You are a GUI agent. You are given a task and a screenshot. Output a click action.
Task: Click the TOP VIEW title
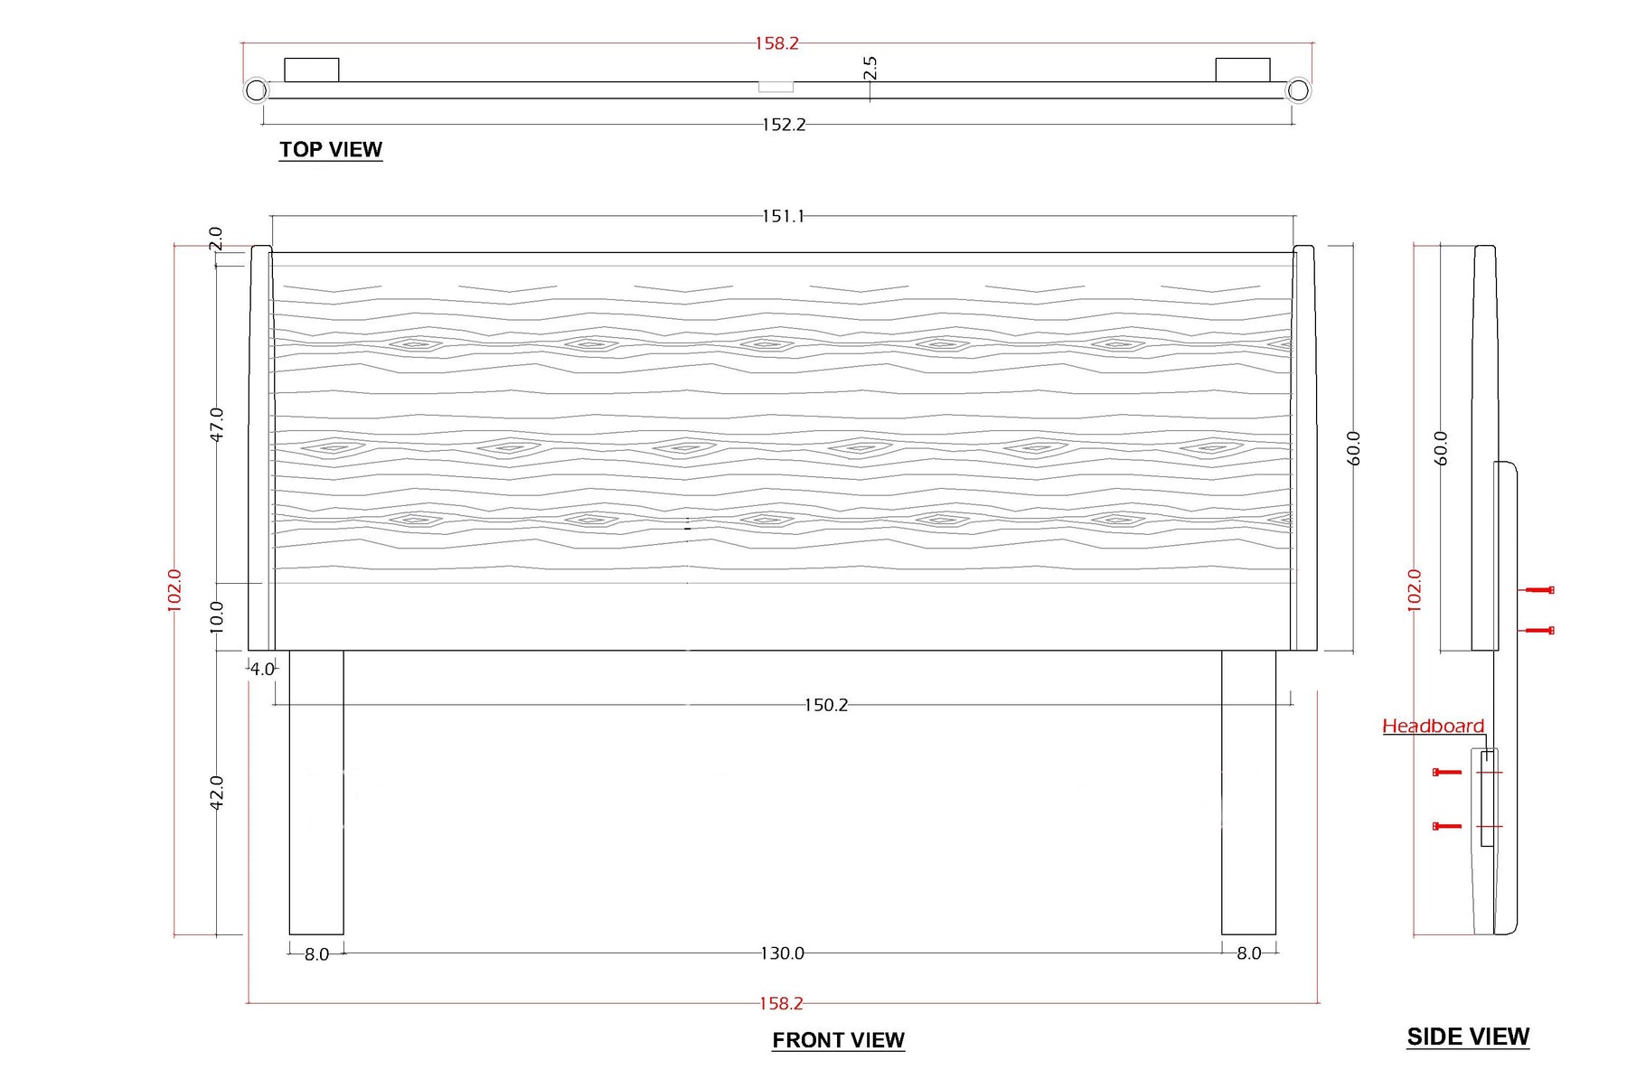tap(330, 149)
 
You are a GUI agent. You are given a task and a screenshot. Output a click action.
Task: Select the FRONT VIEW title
tap(838, 1040)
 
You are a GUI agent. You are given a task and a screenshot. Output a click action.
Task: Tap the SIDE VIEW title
tap(1468, 1037)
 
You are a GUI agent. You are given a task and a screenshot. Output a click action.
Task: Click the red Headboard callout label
tap(1433, 726)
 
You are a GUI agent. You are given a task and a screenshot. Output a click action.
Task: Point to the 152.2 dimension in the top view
tap(784, 125)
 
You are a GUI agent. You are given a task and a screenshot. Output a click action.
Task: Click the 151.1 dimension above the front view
tap(783, 216)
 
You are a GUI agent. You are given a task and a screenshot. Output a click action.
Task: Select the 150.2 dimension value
tap(826, 705)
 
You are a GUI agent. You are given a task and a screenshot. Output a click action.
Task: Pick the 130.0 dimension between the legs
tap(782, 953)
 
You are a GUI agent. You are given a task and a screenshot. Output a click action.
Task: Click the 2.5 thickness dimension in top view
tap(870, 68)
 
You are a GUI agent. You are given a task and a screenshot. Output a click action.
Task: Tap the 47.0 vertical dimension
tap(216, 424)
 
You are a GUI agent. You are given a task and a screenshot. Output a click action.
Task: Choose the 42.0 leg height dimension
tap(216, 793)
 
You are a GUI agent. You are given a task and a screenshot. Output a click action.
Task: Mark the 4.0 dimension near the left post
tap(262, 670)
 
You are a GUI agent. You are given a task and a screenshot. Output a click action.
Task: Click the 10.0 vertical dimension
tap(216, 616)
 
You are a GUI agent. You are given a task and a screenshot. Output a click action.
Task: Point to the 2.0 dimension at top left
tap(215, 239)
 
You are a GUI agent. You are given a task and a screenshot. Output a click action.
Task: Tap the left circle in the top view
tap(257, 90)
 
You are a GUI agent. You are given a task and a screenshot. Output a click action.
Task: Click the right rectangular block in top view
tap(1242, 70)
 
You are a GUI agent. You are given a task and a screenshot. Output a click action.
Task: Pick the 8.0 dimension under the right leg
tap(1248, 953)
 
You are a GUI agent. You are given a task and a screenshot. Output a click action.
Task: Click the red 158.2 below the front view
tap(781, 1003)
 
